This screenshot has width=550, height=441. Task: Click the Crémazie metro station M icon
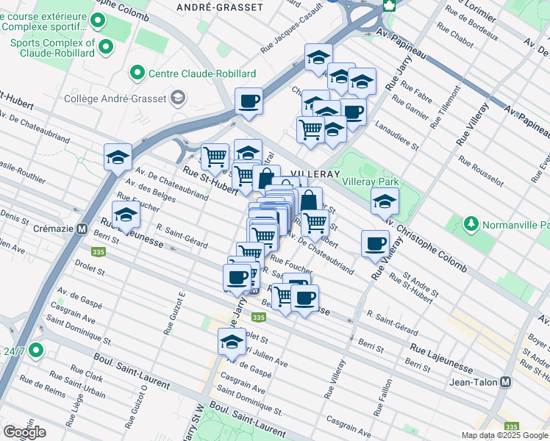coord(82,229)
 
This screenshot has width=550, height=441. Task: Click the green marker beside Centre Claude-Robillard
coord(137,73)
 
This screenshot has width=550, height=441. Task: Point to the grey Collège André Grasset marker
coord(177,98)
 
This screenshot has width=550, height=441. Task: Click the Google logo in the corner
coord(24,432)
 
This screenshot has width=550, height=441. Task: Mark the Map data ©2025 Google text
coord(504,435)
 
